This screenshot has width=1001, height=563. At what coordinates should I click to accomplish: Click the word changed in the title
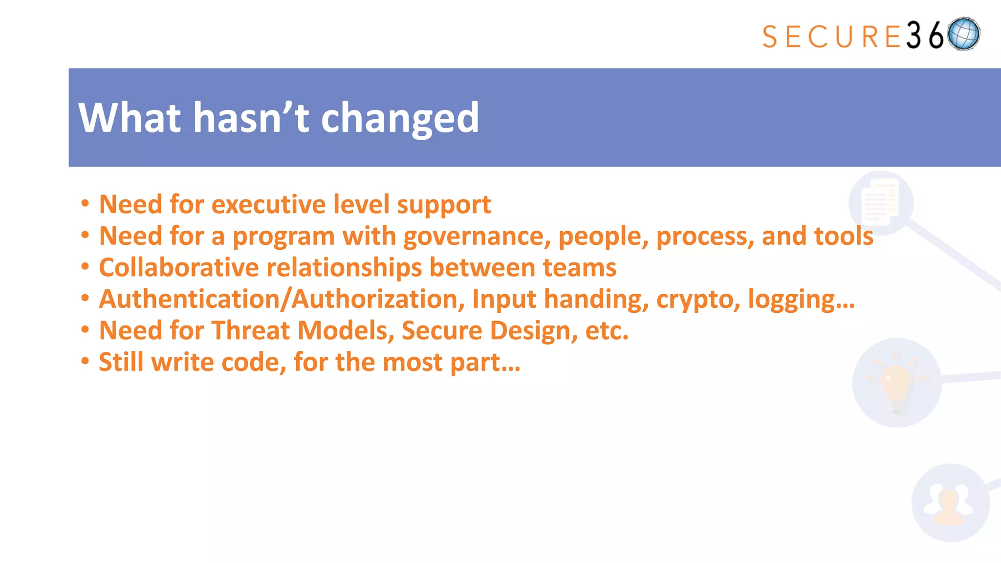(x=400, y=118)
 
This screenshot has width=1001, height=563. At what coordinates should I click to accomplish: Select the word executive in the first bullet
(x=268, y=204)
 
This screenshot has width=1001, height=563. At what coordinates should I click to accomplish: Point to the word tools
(x=844, y=236)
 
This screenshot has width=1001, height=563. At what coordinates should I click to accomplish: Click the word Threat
(x=251, y=330)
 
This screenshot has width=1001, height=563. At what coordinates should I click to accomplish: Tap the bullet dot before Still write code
(x=85, y=362)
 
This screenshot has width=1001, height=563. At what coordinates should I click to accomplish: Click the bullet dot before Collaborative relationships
(x=85, y=267)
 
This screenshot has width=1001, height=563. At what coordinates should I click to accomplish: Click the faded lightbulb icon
(x=896, y=382)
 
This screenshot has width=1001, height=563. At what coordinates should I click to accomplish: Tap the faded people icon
(x=950, y=503)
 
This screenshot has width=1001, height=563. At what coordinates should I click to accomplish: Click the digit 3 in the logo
(x=914, y=35)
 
